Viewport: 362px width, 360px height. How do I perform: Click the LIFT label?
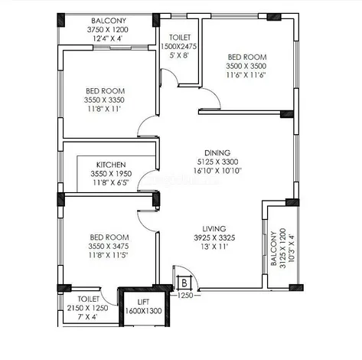[143, 302]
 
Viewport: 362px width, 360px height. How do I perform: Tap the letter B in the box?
[184, 283]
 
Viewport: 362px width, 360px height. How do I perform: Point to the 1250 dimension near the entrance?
[185, 295]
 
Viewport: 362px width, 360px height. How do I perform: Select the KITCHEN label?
[111, 165]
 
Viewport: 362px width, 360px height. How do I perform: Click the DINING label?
[217, 152]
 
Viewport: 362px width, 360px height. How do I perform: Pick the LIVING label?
[214, 228]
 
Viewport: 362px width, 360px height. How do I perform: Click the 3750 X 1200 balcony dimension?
[107, 30]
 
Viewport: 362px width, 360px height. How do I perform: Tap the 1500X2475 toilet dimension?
[178, 46]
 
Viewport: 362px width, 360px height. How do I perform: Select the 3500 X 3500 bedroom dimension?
[246, 66]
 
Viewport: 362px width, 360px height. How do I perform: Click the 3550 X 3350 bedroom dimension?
[104, 100]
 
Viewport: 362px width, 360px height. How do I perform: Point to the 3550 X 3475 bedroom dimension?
[109, 246]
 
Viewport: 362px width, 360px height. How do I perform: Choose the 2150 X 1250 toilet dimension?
[87, 308]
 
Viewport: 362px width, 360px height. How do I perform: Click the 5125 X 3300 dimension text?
[218, 162]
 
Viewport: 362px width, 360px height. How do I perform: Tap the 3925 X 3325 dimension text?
[214, 237]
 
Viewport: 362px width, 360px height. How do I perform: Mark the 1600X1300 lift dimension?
[143, 311]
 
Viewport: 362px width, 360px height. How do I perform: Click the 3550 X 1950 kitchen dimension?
[111, 174]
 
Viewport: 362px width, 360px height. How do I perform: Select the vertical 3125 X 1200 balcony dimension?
[282, 248]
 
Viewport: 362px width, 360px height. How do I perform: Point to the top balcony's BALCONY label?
[109, 21]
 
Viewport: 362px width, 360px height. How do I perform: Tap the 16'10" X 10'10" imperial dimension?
[217, 171]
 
